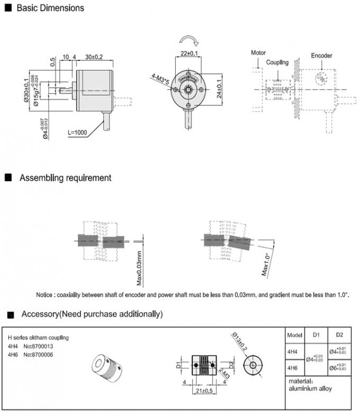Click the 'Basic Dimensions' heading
pos(50,8)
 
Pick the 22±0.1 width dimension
pos(190,54)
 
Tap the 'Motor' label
pos(258,53)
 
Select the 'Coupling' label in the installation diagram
pos(277,62)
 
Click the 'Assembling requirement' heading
pos(65,178)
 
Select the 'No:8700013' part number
pos(39,346)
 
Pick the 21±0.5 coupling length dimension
pos(197,391)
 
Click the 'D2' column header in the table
pos(339,335)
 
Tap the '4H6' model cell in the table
pos(292,367)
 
